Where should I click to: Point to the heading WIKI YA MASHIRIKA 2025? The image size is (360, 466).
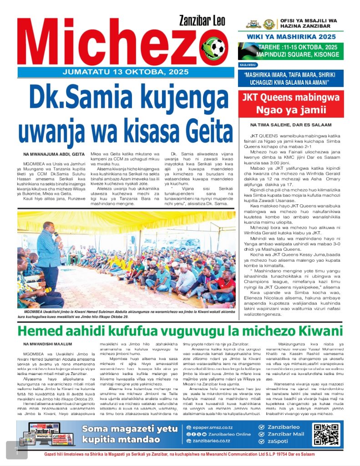291,36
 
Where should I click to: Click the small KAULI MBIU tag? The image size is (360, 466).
246,65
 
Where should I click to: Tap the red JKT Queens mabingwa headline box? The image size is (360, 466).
291,103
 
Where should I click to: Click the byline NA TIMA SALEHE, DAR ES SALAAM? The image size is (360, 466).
291,125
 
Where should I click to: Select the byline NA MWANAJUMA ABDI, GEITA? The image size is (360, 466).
54,155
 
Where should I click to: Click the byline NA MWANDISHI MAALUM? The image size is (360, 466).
48,344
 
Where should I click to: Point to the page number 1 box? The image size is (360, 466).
17,450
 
